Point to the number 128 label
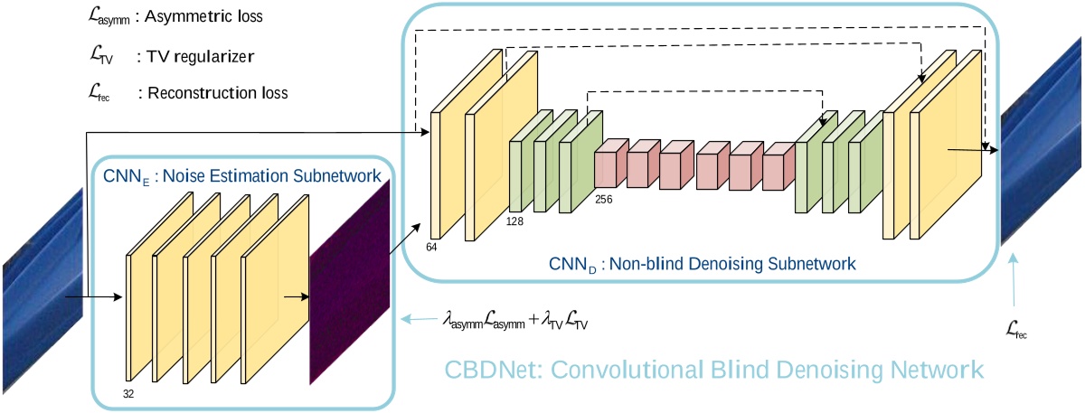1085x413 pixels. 516,220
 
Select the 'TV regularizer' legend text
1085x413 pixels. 195,56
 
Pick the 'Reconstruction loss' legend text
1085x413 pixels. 213,93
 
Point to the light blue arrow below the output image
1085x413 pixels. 1015,285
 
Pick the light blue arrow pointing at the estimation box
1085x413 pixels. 418,319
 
